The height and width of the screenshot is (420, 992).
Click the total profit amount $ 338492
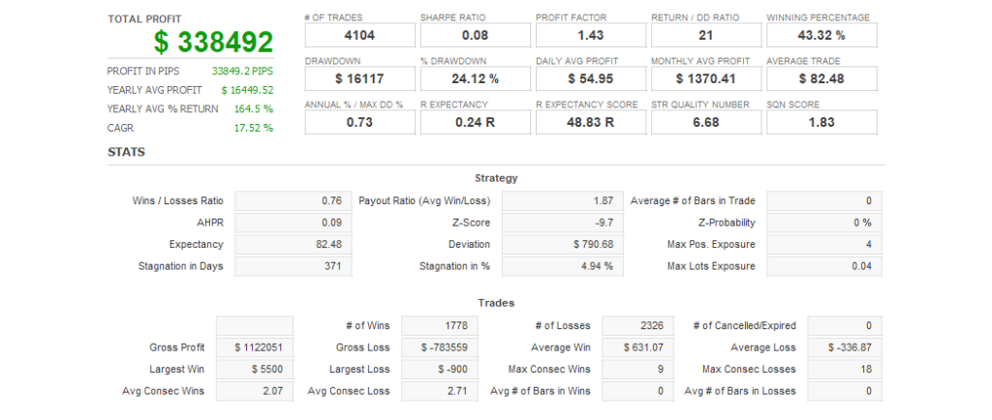213,42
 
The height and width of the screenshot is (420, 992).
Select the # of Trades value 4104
359,36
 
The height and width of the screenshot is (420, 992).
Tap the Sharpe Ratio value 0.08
475,36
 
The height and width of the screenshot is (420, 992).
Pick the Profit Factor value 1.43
590,36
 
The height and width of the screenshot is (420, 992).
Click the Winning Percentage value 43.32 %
821,36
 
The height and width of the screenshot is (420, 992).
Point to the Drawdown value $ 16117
359,78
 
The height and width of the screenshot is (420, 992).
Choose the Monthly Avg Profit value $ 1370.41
706,78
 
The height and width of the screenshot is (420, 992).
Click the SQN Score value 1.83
821,122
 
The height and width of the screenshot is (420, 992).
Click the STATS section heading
126,152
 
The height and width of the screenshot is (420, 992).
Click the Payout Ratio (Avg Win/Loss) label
424,201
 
